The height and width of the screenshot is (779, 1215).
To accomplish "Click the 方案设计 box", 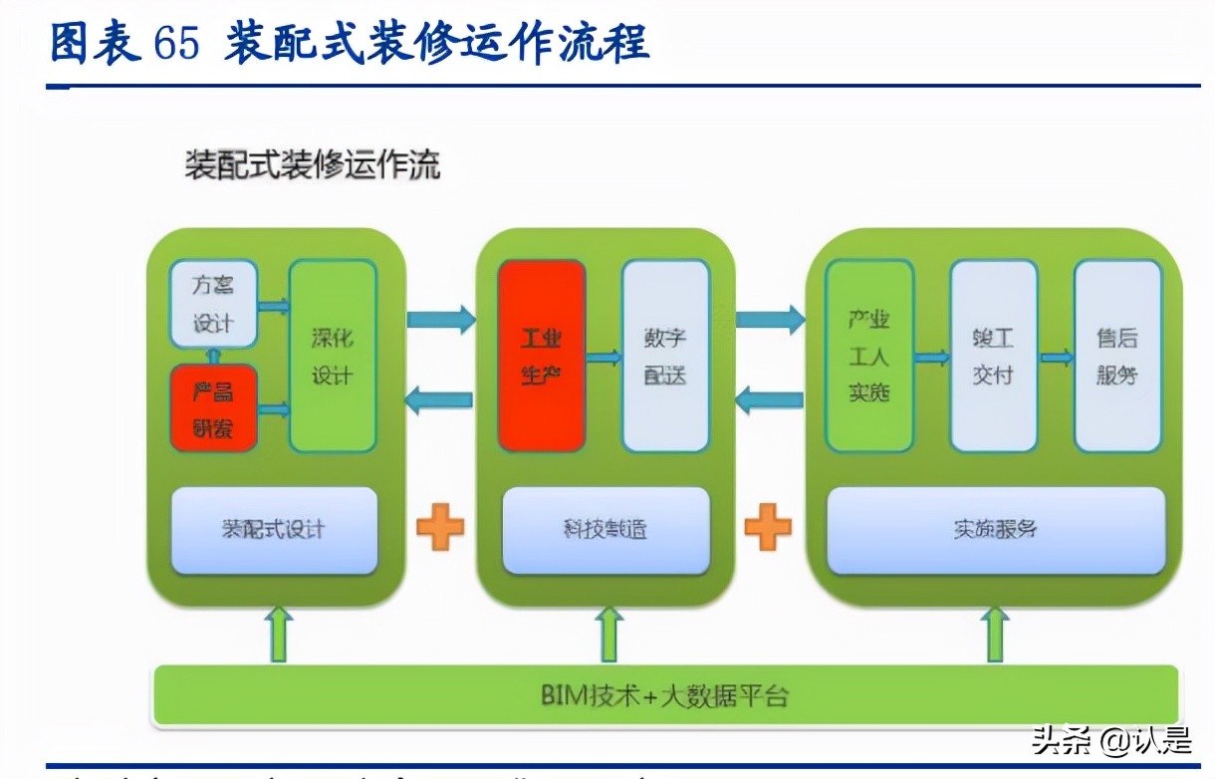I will pos(213,304).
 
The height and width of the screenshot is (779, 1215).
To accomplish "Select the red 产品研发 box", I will pos(213,408).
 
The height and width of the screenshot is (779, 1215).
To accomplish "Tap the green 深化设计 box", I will pos(333,356).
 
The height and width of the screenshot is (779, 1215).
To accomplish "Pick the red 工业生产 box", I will pos(541,356).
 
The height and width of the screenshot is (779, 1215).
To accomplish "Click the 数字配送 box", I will pos(665,356).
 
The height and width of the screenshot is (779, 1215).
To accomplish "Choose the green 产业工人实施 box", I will pos(868,356).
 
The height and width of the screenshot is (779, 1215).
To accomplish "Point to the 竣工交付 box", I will pos(993,356).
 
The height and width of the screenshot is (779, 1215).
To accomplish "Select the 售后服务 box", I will pos(1117,356).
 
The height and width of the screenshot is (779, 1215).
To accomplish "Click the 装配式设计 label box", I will pos(274,530).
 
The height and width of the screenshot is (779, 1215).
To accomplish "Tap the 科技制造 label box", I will pos(606,530).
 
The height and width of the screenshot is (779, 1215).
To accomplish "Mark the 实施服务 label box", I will pos(996,530).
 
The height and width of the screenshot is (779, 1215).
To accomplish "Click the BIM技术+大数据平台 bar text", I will pos(664,694).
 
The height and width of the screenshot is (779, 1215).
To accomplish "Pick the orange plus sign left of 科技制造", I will pos(439,527).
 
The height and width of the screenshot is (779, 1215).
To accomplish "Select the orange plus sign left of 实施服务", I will pos(768,527).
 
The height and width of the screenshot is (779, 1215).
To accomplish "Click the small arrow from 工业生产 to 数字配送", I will pos(604,357).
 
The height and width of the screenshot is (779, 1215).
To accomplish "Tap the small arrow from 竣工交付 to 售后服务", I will pos(1056,357).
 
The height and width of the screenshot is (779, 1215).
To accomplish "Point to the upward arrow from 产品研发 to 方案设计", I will pos(212,356).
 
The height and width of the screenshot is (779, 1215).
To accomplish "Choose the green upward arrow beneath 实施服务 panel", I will pos(994,635).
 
